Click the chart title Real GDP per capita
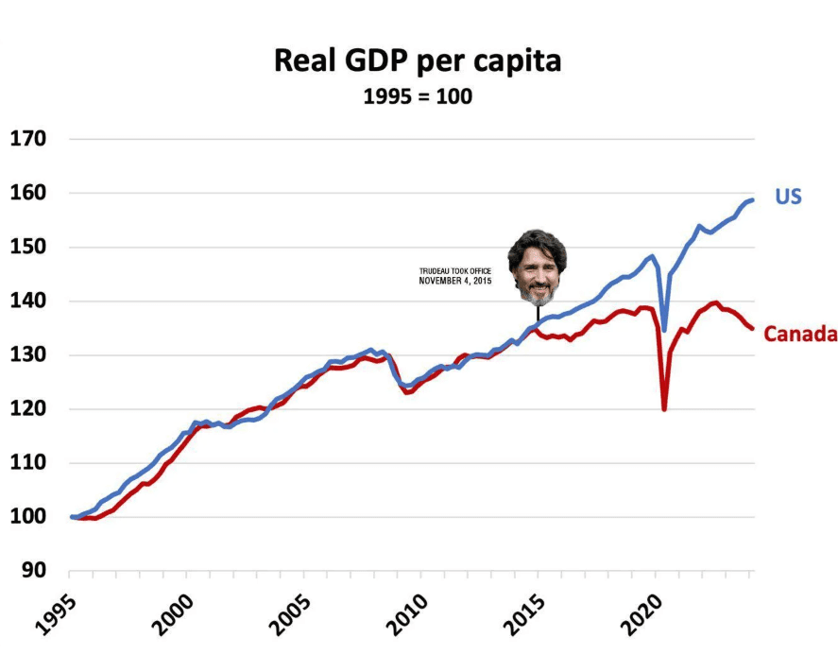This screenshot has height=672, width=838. (x=418, y=61)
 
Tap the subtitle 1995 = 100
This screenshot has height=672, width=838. (x=418, y=96)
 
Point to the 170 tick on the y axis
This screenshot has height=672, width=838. (x=27, y=139)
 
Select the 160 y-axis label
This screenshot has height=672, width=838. (x=27, y=193)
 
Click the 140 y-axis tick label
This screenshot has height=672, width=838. (x=27, y=302)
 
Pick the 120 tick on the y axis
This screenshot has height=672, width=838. (x=27, y=409)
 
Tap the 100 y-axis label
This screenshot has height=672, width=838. (x=27, y=518)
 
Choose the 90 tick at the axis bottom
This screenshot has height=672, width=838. (x=33, y=572)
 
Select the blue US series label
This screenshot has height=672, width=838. (x=788, y=198)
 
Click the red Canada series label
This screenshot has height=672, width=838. (x=800, y=334)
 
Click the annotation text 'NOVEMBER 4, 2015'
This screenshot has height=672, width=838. (x=456, y=281)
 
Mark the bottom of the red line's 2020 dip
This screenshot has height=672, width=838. (x=665, y=408)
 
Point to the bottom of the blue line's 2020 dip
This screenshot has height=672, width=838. (x=664, y=329)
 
